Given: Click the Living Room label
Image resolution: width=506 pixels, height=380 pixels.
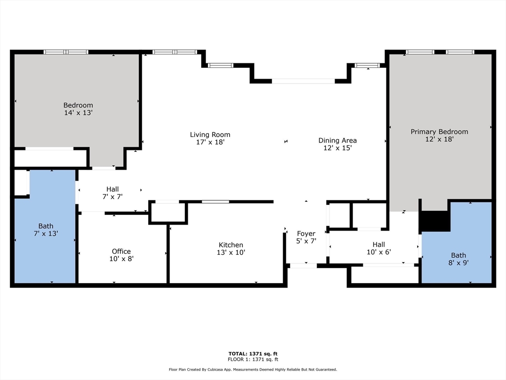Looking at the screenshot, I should pyautogui.click(x=210, y=135).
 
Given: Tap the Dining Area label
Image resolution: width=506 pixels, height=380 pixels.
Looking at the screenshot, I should pyautogui.click(x=337, y=141).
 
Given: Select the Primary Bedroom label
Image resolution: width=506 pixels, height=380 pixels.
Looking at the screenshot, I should pyautogui.click(x=439, y=132).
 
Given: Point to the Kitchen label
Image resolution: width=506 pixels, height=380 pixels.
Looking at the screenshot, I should pyautogui.click(x=231, y=245).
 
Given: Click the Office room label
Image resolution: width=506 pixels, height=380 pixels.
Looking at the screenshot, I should pyautogui.click(x=121, y=251).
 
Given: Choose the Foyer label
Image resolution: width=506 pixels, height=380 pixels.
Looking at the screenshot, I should pyautogui.click(x=306, y=234).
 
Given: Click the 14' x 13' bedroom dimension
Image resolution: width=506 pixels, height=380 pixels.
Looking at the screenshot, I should pyautogui.click(x=78, y=113).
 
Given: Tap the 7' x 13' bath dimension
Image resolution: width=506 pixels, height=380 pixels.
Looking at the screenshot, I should pyautogui.click(x=46, y=234).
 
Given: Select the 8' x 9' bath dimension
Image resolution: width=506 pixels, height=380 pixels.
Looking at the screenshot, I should pyautogui.click(x=459, y=263).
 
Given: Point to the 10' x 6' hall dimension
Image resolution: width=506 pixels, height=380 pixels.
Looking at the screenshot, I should pyautogui.click(x=379, y=252).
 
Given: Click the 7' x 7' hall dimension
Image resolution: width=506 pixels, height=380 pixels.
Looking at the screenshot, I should pyautogui.click(x=112, y=196).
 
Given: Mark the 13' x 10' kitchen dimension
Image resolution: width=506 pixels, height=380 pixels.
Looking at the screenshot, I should pyautogui.click(x=231, y=252).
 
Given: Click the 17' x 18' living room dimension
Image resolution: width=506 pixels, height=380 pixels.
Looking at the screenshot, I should pyautogui.click(x=210, y=142).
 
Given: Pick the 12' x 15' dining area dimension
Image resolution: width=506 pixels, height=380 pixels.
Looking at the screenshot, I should pyautogui.click(x=337, y=148).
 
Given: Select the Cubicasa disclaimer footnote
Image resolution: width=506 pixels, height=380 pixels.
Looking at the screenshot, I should pyautogui.click(x=253, y=370).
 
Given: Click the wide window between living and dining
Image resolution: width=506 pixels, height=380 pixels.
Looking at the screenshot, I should pyautogui.click(x=303, y=81).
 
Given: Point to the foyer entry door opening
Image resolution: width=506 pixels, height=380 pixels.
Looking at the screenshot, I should pyautogui.click(x=303, y=266).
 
